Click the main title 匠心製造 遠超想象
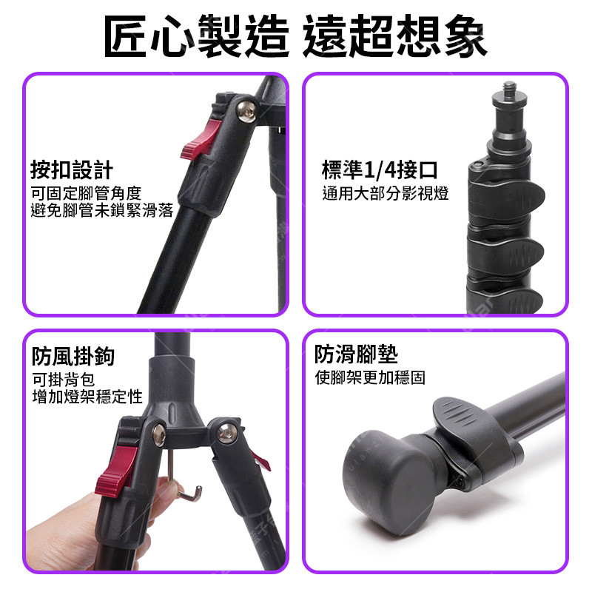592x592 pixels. [x=295, y=36]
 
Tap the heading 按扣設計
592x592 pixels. [x=72, y=170]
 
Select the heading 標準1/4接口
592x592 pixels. [x=380, y=170]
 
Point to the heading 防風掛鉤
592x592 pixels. [x=73, y=356]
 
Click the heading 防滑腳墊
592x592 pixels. [x=356, y=354]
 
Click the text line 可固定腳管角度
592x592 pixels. [x=86, y=194]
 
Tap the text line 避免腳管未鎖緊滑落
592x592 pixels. [x=102, y=211]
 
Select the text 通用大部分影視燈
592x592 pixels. [x=386, y=193]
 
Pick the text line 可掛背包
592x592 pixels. [x=63, y=380]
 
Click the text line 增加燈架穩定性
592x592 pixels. [x=87, y=397]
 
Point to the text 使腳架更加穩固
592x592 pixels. [x=370, y=377]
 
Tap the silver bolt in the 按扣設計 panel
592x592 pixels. [x=246, y=112]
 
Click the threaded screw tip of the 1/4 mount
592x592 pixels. [x=510, y=88]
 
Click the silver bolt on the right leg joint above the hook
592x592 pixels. [x=227, y=433]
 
